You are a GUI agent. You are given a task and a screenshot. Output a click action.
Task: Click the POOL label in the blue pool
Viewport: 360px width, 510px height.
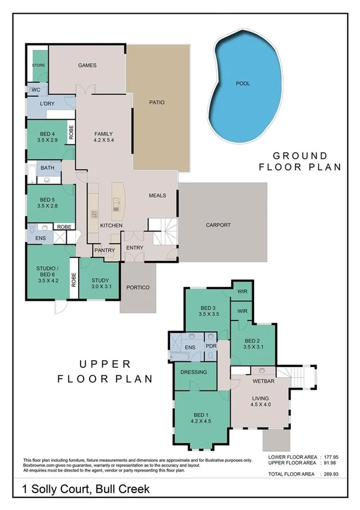click(243, 84)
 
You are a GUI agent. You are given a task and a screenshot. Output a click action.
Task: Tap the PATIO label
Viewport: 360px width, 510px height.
click(156, 102)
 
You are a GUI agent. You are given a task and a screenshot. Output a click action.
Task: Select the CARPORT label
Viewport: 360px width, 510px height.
click(218, 226)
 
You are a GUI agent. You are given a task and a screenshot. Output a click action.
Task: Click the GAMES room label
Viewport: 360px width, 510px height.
click(87, 66)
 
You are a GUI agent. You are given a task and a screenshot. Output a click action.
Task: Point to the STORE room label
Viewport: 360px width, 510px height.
click(38, 65)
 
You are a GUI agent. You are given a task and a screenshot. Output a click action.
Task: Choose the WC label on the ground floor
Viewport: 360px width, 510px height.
click(35, 91)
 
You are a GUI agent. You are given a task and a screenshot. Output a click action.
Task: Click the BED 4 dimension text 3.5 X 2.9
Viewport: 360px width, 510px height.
click(48, 139)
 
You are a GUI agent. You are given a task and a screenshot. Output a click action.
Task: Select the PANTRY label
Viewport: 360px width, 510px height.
click(104, 250)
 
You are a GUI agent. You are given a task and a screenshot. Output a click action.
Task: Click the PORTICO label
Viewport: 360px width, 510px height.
click(138, 287)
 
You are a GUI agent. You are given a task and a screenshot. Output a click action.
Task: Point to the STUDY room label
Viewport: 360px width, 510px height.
click(100, 280)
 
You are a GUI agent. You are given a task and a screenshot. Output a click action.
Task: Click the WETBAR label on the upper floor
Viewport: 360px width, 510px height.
click(264, 381)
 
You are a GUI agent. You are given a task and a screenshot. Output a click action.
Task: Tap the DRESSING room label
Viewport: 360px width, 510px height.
click(194, 372)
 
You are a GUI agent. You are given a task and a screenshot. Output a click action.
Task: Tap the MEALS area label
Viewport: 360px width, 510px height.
click(157, 195)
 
